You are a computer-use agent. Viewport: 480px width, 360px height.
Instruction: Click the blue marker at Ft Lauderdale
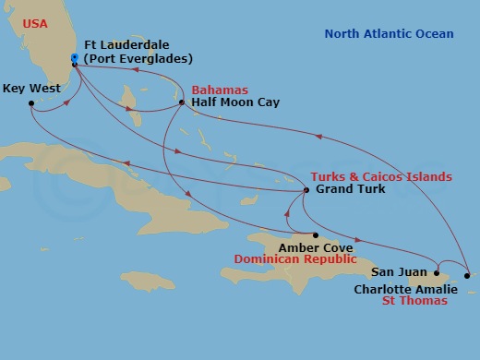tap(75, 58)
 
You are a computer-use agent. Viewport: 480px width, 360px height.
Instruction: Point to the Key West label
tap(31, 89)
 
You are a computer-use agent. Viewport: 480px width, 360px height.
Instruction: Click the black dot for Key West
tap(31, 103)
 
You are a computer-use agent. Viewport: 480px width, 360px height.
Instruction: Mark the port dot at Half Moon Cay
tap(182, 102)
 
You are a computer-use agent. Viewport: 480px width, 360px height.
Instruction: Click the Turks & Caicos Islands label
tap(381, 176)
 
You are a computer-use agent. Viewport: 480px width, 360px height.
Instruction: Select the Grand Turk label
tap(350, 190)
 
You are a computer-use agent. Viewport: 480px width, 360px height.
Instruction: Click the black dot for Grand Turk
tap(306, 190)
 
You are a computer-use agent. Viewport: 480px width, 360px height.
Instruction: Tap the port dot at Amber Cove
tap(314, 234)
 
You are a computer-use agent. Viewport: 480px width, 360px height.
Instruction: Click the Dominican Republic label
tap(294, 260)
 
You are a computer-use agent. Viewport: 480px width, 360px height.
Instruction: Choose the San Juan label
tap(399, 272)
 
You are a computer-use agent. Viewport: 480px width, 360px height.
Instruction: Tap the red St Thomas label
tap(414, 301)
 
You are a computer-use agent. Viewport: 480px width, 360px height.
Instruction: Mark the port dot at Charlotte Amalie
tap(468, 275)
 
